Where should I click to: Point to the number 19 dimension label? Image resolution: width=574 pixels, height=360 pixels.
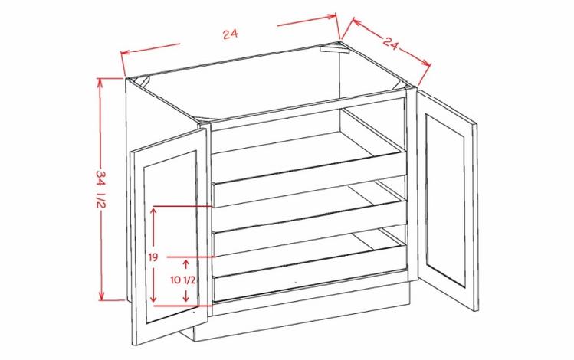point(153,258)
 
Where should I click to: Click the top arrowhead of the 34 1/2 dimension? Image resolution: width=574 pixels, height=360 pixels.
point(100,81)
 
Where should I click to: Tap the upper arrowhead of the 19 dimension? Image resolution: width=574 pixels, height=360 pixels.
point(153,211)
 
